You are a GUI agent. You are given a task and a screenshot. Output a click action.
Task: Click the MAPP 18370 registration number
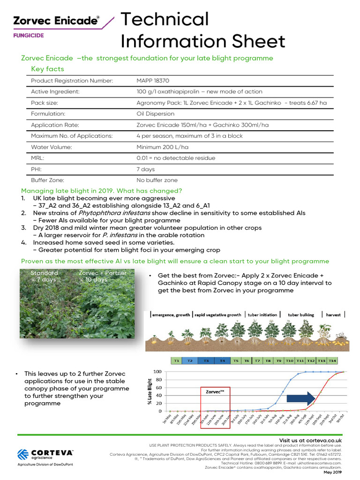pyautogui.click(x=152, y=81)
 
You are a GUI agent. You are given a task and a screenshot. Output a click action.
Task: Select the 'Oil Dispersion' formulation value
pyautogui.click(x=155, y=113)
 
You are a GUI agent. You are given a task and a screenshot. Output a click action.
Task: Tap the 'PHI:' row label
pyautogui.click(x=37, y=169)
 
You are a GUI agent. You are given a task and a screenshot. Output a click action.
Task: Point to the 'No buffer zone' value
pyautogui.click(x=157, y=180)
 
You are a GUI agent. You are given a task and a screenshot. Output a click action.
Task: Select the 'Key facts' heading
pyautogui.click(x=47, y=69)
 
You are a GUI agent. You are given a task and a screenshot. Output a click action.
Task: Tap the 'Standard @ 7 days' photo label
pyautogui.click(x=44, y=276)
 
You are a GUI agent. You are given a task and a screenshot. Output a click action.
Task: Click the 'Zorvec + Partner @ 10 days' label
pyautogui.click(x=102, y=276)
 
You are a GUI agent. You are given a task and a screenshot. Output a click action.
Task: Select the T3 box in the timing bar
pyautogui.click(x=206, y=361)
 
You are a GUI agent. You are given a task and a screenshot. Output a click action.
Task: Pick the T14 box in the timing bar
pyautogui.click(x=332, y=361)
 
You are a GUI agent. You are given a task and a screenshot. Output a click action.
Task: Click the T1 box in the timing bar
pyautogui.click(x=176, y=361)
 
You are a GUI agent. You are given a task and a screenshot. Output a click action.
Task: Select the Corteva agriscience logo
pyautogui.click(x=45, y=456)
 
